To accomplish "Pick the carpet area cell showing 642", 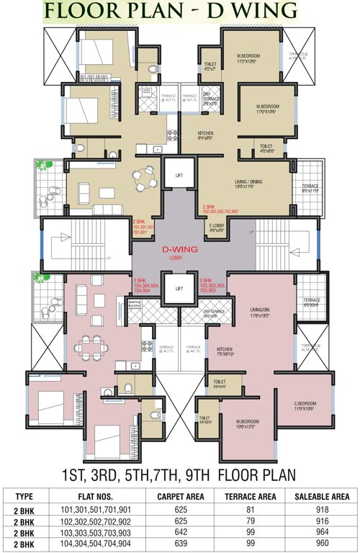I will pos(190,529).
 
